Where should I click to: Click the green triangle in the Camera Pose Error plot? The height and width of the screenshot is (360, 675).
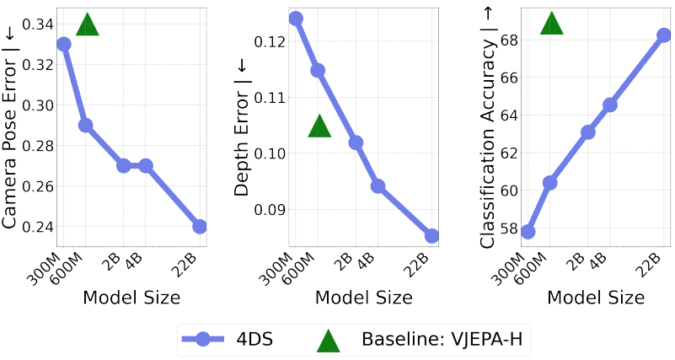88,25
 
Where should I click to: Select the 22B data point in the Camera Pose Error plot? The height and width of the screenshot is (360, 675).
200,227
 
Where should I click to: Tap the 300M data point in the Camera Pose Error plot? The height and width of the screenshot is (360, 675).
63,44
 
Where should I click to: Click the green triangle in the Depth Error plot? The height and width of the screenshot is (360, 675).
319,126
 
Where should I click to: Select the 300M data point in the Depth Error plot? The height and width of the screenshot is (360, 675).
296,18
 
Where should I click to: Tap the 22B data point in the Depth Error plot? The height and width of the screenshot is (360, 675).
431,236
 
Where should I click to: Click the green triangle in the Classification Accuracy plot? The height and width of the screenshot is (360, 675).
551,24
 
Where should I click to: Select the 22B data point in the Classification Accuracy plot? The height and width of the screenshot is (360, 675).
664,35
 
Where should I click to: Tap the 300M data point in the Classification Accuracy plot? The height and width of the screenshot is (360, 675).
528,232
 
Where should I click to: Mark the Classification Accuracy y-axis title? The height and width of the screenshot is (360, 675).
487,126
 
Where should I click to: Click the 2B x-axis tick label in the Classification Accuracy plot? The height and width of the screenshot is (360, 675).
576,263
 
